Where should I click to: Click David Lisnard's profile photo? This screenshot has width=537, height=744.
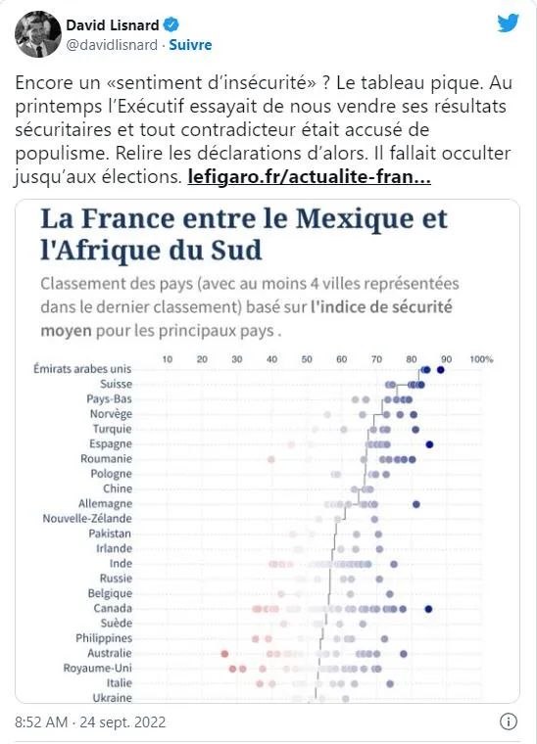pyautogui.click(x=38, y=34)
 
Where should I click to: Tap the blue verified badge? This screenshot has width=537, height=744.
pyautogui.click(x=171, y=24)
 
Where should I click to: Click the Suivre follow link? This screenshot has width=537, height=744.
pyautogui.click(x=190, y=45)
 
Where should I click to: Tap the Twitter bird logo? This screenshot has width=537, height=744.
pyautogui.click(x=508, y=23)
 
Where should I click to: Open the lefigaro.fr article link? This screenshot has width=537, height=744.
pyautogui.click(x=309, y=177)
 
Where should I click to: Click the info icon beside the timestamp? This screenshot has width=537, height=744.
pyautogui.click(x=509, y=721)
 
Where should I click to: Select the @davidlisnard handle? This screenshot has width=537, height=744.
pyautogui.click(x=112, y=45)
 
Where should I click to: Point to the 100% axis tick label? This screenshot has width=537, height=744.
pyautogui.click(x=481, y=359)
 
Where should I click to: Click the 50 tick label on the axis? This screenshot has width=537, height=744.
pyautogui.click(x=307, y=359)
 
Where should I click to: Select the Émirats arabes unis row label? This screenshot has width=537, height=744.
pyautogui.click(x=82, y=369)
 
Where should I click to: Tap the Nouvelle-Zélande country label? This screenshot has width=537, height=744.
pyautogui.click(x=87, y=518)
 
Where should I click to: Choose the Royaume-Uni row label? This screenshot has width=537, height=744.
pyautogui.click(x=97, y=668)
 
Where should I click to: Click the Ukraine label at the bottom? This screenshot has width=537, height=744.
pyautogui.click(x=112, y=697)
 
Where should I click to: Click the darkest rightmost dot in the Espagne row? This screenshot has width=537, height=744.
pyautogui.click(x=429, y=444)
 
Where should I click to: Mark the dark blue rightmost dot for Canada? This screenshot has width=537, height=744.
pyautogui.click(x=428, y=609)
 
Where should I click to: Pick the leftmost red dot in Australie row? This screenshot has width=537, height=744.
pyautogui.click(x=224, y=654)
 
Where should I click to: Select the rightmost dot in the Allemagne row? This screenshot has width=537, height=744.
pyautogui.click(x=415, y=504)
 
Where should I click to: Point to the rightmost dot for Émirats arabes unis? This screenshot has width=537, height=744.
pyautogui.click(x=441, y=370)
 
